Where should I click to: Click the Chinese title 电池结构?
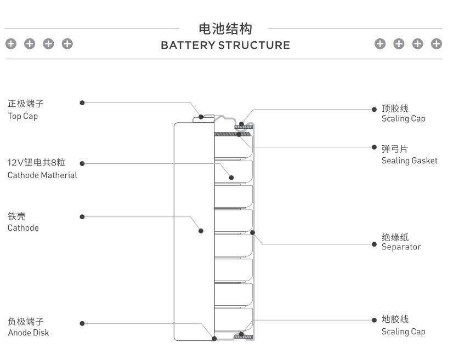coord(225,28)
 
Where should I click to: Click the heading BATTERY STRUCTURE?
coord(225,45)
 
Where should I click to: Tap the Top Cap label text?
coord(22,116)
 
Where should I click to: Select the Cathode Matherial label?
coord(42,175)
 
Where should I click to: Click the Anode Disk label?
coord(28,333)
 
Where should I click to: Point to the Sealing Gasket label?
coord(409,161)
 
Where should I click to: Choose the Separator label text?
coord(401,247)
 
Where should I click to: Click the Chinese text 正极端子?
coord(25,104)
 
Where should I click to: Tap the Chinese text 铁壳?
coord(16,216)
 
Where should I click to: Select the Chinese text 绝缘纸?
coord(395,237)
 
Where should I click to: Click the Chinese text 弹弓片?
coord(395,149)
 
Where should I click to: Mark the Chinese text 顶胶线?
coord(395,108)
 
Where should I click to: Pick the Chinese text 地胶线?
coord(395,319)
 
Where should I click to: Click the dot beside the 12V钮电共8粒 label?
coord(82,163)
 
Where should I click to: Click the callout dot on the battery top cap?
coord(201,117)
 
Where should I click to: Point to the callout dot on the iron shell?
coord(201,231)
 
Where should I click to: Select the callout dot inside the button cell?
coord(231,178)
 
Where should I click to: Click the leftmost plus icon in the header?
coord(11,44)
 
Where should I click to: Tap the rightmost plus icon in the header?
coord(437,44)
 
